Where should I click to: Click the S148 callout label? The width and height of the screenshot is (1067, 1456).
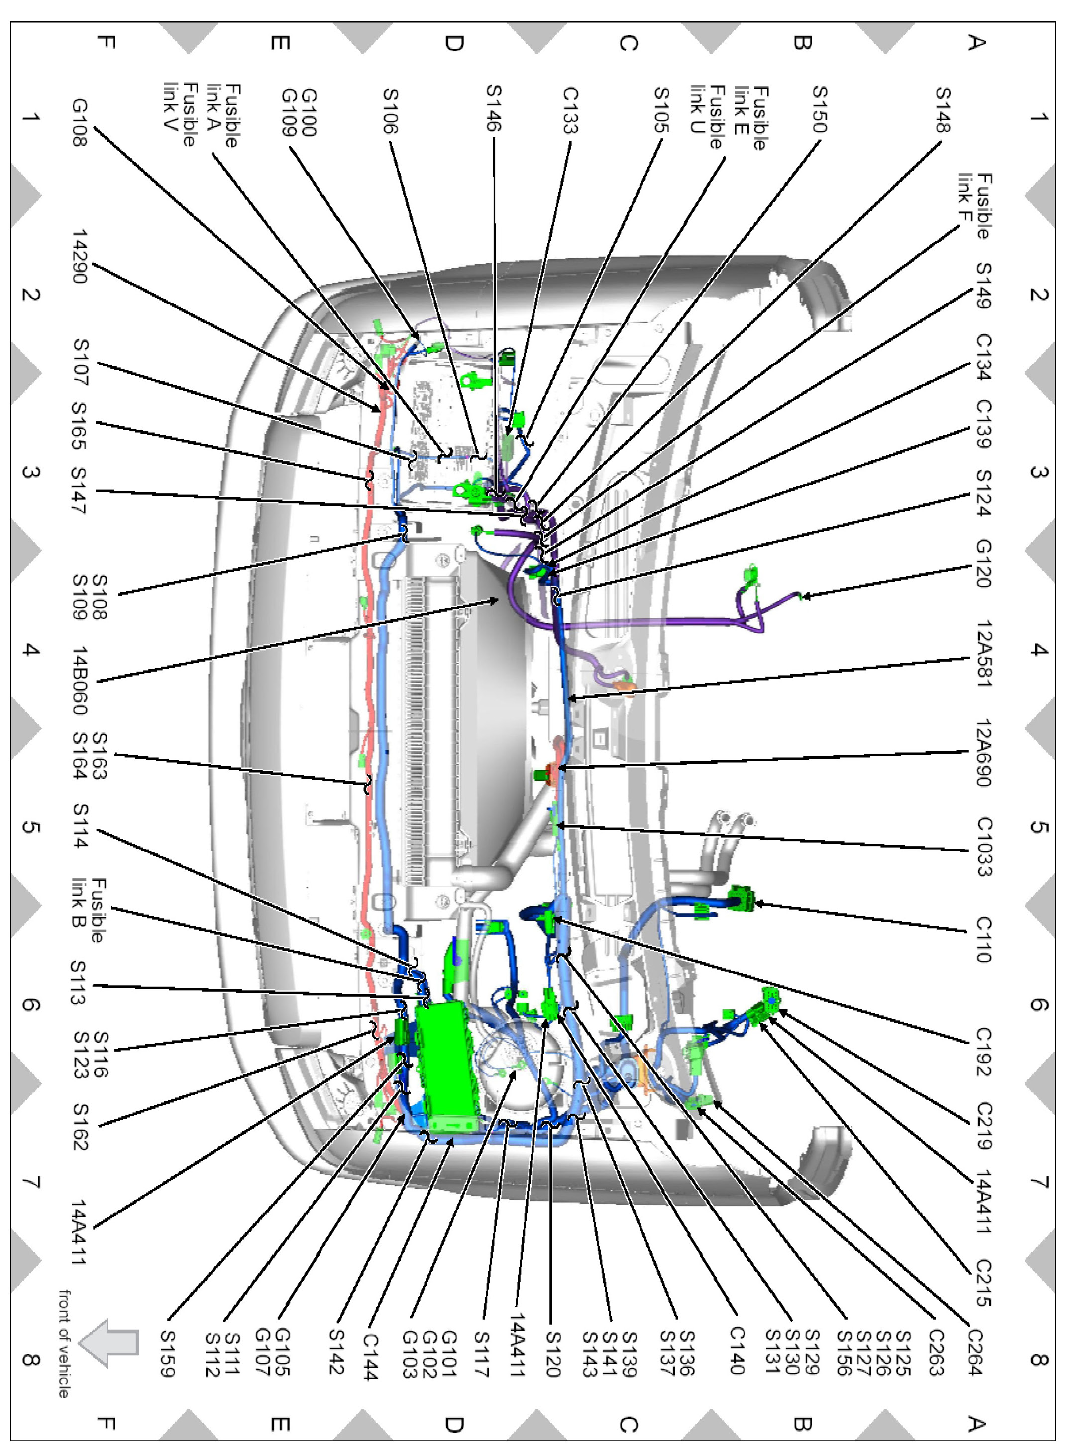(x=943, y=110)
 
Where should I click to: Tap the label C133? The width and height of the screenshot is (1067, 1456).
(x=570, y=111)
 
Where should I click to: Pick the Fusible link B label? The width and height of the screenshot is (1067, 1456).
(x=88, y=909)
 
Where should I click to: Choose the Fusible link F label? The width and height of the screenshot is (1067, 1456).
(x=974, y=206)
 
